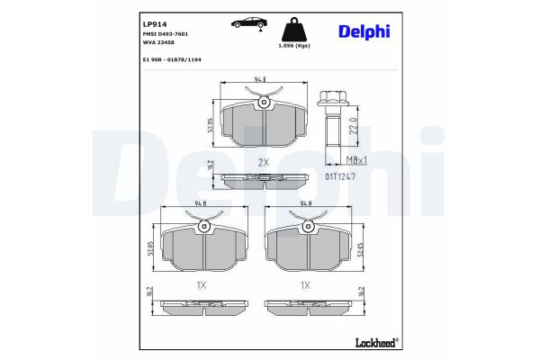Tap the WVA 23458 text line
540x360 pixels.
click(158, 42)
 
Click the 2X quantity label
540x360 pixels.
click(264, 162)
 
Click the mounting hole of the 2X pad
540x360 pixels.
click(264, 103)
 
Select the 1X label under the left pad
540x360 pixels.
click(202, 284)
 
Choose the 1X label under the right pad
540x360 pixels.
click(306, 284)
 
